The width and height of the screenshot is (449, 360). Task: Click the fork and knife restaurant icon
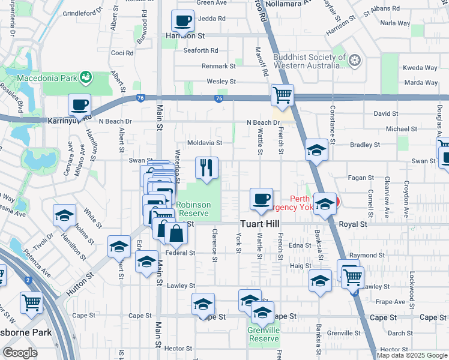tap(206, 167)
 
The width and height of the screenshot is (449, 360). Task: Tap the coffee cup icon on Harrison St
tap(183, 21)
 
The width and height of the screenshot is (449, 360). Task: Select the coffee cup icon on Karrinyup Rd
tap(79, 106)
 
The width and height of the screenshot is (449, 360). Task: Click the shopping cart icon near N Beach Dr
tap(282, 95)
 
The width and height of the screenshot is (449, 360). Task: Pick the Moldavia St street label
tap(205, 143)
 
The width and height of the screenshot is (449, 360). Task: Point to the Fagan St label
tap(362, 178)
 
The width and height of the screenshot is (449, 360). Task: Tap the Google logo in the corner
tap(20, 352)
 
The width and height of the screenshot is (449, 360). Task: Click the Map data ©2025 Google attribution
tap(412, 355)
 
